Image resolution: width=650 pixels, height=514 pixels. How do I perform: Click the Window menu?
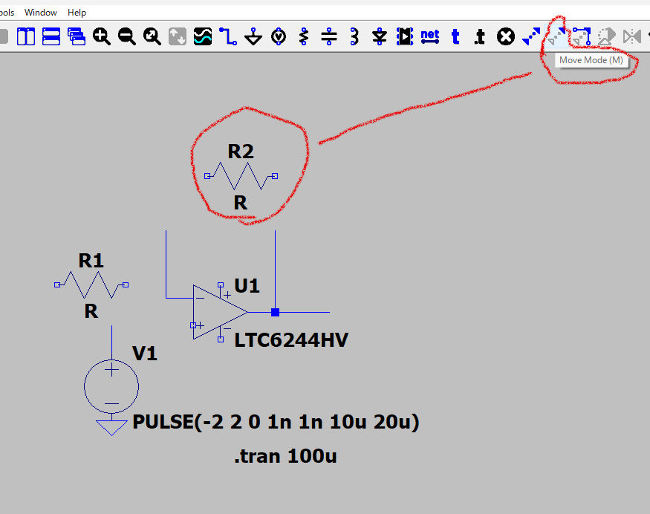click(40, 13)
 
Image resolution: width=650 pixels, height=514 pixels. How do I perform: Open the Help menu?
click(77, 13)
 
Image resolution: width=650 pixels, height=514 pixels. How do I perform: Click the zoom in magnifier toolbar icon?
click(102, 36)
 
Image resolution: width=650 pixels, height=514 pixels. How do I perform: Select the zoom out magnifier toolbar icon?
click(127, 36)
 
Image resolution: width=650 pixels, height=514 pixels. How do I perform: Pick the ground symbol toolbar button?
click(253, 36)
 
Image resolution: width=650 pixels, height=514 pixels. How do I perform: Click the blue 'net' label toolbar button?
click(429, 35)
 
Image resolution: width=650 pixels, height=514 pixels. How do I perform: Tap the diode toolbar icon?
click(380, 36)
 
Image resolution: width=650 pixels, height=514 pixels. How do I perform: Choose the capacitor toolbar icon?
click(329, 36)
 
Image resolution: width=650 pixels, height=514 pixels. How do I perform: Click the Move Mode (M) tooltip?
click(591, 60)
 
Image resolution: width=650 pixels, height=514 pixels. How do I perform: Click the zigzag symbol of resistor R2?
click(241, 176)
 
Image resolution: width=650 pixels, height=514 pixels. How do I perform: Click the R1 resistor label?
click(91, 261)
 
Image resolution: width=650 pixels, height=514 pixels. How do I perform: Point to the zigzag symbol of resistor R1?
click(91, 284)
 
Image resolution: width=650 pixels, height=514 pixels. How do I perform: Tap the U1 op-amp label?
click(247, 286)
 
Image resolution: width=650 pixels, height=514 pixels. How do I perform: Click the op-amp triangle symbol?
click(215, 312)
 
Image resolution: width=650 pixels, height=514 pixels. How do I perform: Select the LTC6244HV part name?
click(291, 341)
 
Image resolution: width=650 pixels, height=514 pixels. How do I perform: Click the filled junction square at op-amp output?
click(275, 312)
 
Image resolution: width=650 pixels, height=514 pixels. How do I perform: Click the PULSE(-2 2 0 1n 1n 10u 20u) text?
click(276, 423)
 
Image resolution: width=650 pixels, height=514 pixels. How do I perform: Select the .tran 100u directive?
click(285, 456)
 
